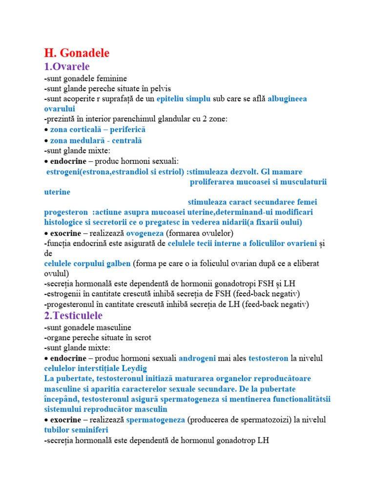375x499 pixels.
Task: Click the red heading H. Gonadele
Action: point(77,53)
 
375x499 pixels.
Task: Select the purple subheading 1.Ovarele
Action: point(67,66)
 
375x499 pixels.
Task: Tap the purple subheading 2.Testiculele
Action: point(73,316)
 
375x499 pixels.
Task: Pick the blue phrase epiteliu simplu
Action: point(184,98)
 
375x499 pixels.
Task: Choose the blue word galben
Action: point(116,263)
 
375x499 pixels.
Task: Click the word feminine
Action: point(110,78)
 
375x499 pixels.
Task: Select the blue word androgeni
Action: point(197,358)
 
